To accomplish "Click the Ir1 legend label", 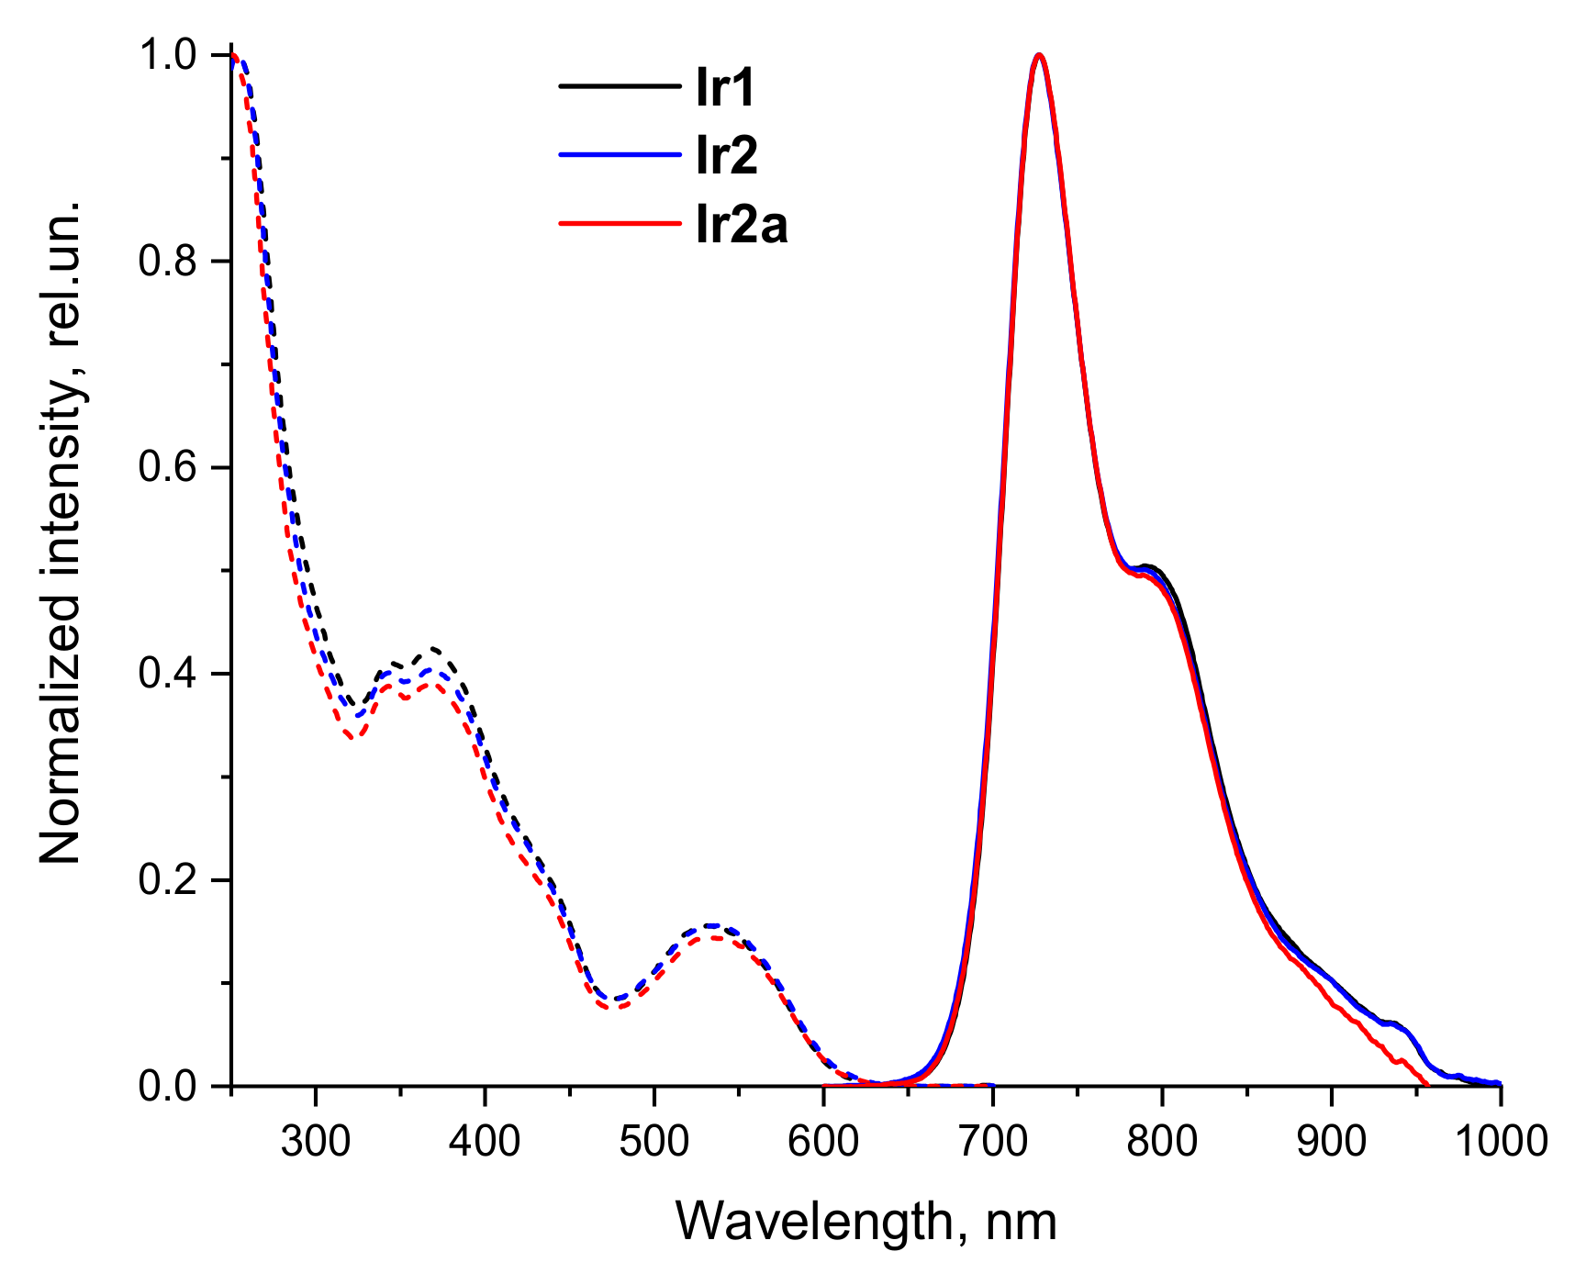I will coord(725,88).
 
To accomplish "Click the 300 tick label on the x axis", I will coord(316,1141).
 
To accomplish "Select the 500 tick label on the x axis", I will coord(653,1141).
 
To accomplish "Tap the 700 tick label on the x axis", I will coord(992,1141).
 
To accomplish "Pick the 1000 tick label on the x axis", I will coord(1500,1141).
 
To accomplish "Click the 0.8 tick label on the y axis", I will coord(167,262).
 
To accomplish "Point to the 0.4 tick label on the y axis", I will coord(167,674).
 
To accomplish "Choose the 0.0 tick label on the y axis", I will coord(167,1087).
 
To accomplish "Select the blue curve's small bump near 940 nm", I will coord(1394,1023).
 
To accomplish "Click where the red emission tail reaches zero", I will coord(1427,1085).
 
